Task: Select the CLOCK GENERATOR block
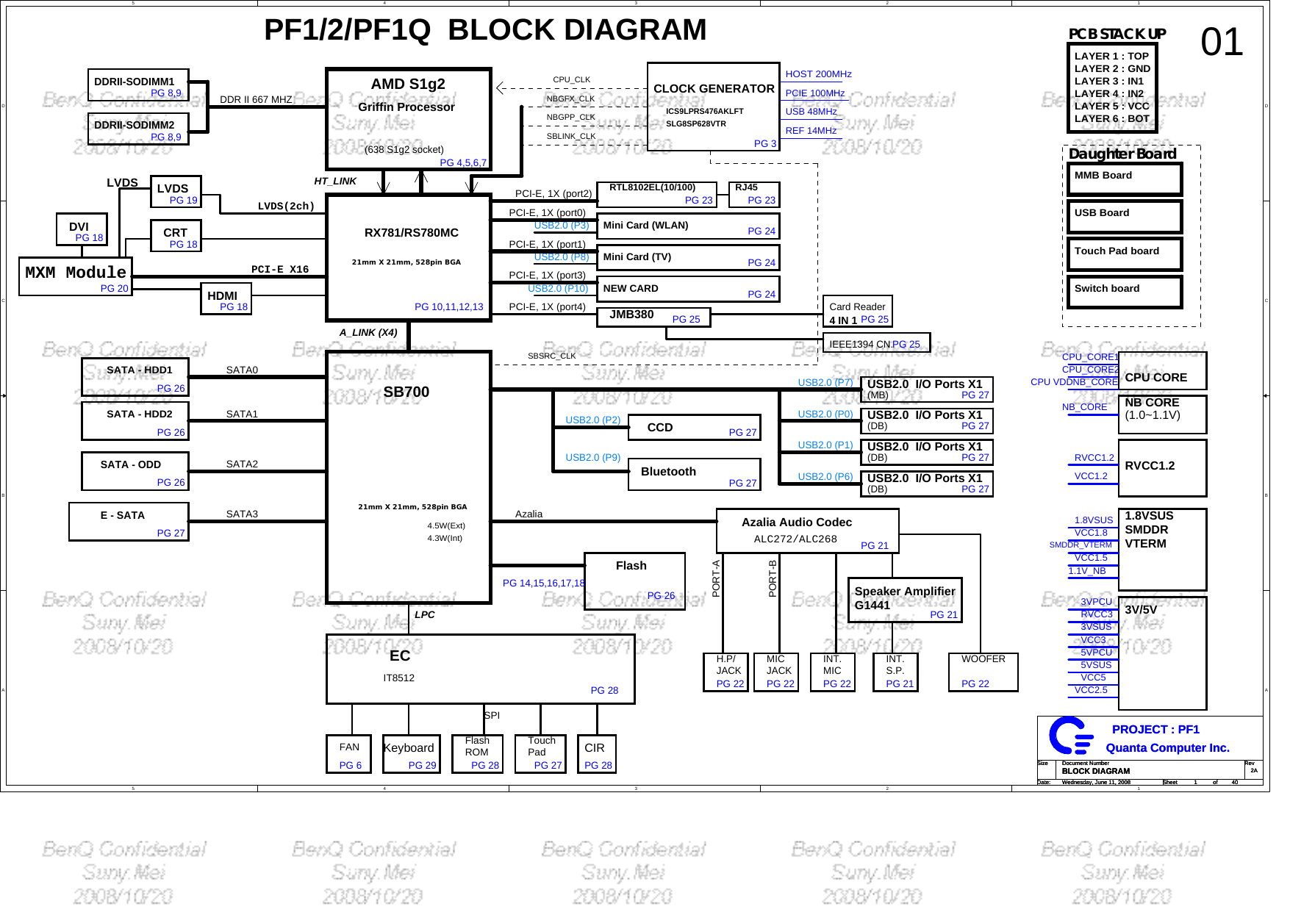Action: click(713, 106)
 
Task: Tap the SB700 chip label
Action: click(406, 392)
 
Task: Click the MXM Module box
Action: click(76, 276)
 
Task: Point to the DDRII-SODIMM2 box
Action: click(138, 129)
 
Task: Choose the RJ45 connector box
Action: click(753, 194)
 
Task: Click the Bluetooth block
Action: click(694, 474)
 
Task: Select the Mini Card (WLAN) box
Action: click(687, 226)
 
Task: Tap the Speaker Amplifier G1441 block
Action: click(905, 600)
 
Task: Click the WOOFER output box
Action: click(983, 672)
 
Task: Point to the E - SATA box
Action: click(129, 522)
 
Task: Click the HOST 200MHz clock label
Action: click(818, 74)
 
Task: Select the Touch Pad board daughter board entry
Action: click(1124, 254)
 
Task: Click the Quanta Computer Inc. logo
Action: click(1070, 736)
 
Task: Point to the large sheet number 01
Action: click(1222, 43)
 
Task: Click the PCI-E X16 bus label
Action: click(279, 270)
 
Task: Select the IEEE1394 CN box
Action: click(875, 343)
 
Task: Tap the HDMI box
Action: click(226, 299)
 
